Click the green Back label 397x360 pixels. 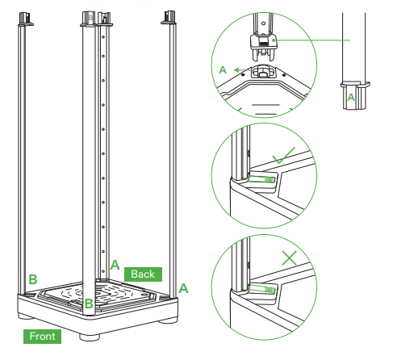143,274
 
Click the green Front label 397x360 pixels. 42,337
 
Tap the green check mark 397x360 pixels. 283,156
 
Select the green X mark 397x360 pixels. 290,258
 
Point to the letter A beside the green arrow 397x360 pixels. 223,70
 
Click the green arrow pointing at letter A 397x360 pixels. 244,70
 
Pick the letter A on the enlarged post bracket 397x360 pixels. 351,98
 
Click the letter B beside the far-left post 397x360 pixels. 33,279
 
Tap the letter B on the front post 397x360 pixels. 89,303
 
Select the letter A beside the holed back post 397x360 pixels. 115,265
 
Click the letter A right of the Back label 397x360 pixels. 183,288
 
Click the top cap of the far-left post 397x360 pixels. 26,19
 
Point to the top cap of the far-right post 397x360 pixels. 169,18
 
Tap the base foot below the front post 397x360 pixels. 90,337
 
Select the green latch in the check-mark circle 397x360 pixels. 261,179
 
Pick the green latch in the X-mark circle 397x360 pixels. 262,289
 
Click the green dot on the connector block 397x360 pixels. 274,40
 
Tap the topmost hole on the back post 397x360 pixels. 103,36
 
